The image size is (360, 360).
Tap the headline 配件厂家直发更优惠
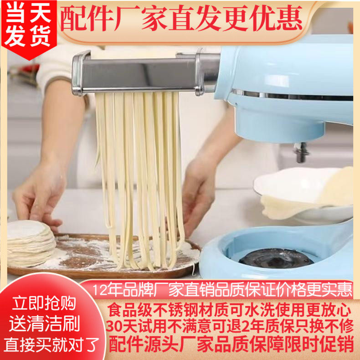181,19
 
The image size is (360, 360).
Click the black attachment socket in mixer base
276,258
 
